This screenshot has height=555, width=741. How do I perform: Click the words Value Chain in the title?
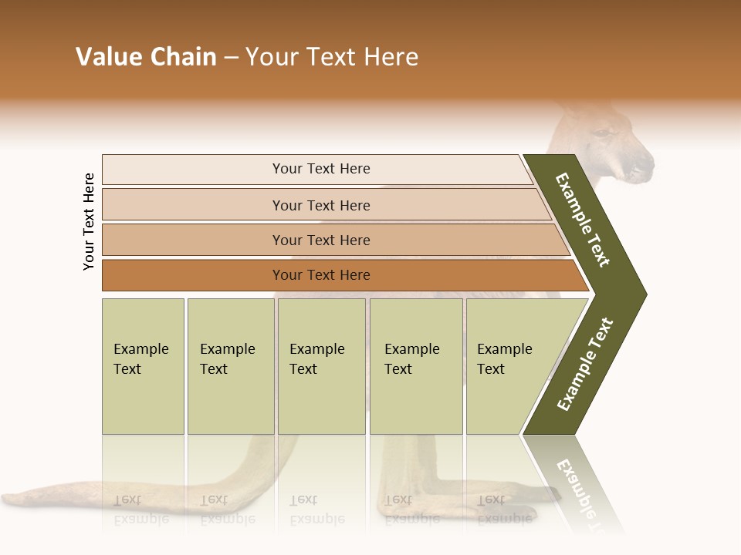pyautogui.click(x=146, y=57)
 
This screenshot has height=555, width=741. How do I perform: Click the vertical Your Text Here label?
pyautogui.click(x=89, y=221)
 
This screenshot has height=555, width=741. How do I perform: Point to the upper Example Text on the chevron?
pyautogui.click(x=583, y=220)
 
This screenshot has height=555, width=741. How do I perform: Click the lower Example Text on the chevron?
pyautogui.click(x=585, y=365)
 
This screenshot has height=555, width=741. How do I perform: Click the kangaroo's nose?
pyautogui.click(x=645, y=163)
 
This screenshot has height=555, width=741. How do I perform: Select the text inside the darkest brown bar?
pyautogui.click(x=321, y=275)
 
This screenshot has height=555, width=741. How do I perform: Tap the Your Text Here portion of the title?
pyautogui.click(x=332, y=57)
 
